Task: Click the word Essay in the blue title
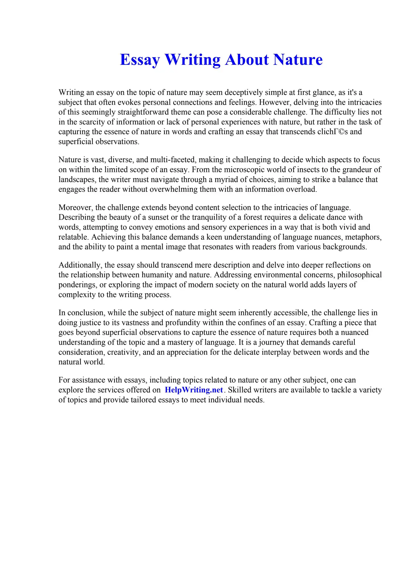(140, 60)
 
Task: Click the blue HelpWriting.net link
(194, 390)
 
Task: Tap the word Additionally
(80, 265)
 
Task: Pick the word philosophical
(359, 275)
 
